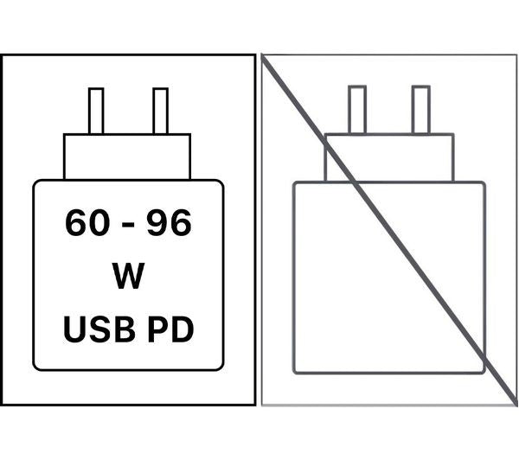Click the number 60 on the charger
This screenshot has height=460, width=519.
point(87,222)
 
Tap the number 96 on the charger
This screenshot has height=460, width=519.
point(170,222)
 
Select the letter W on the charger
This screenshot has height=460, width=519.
point(128,275)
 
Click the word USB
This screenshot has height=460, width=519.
point(99,329)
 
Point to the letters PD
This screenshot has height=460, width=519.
point(170,329)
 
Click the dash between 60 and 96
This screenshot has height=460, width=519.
point(128,225)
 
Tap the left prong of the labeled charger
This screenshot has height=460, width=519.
point(96,111)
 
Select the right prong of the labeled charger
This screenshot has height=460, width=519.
point(161,111)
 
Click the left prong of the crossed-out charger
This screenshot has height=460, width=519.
point(357,110)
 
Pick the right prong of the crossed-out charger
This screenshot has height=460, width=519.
point(421,110)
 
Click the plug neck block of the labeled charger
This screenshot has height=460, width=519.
point(127,157)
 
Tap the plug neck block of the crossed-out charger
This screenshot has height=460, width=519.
point(389,157)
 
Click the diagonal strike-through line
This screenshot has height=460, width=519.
point(389,230)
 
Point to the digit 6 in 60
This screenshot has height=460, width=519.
point(76,222)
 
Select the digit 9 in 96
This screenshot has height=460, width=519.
point(158,222)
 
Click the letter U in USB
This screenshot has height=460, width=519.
point(74,329)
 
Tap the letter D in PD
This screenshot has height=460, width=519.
point(182,329)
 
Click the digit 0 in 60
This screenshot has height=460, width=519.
point(99,222)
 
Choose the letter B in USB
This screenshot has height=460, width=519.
point(125,329)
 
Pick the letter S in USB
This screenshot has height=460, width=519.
point(100,329)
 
